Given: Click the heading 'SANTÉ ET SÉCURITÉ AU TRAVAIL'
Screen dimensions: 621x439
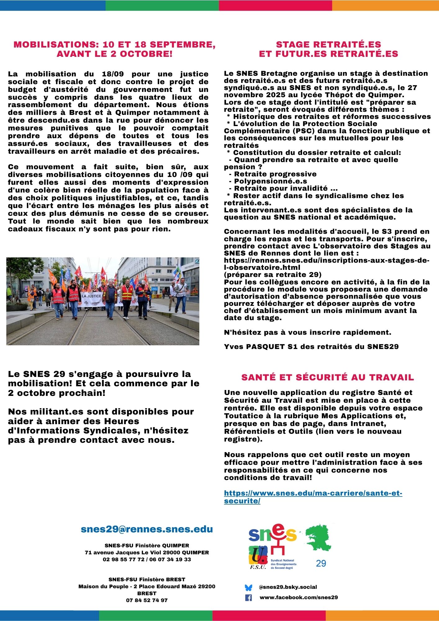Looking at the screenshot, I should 328,377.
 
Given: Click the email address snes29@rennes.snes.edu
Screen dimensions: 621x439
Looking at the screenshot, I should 147,529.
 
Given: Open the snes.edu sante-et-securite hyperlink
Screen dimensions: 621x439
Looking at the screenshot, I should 313,497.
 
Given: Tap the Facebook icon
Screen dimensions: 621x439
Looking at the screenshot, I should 248,597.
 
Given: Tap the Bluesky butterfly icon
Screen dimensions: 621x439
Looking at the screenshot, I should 248,587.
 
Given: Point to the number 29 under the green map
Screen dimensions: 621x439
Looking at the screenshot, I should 321,563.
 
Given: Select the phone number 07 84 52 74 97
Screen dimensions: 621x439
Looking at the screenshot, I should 147,600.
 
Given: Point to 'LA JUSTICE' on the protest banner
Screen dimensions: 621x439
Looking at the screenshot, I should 91,296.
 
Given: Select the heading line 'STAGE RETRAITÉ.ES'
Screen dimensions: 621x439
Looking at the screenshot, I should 328,44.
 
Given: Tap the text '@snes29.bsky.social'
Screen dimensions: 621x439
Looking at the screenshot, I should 288,587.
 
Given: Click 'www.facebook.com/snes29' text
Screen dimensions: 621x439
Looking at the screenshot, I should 299,597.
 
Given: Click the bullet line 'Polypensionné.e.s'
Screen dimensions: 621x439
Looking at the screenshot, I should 270,181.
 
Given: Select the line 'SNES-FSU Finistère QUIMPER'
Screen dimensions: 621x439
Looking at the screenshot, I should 147,546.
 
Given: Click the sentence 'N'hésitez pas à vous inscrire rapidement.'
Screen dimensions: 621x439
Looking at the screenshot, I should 307,332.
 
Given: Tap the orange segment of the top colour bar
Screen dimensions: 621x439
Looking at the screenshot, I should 385,5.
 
